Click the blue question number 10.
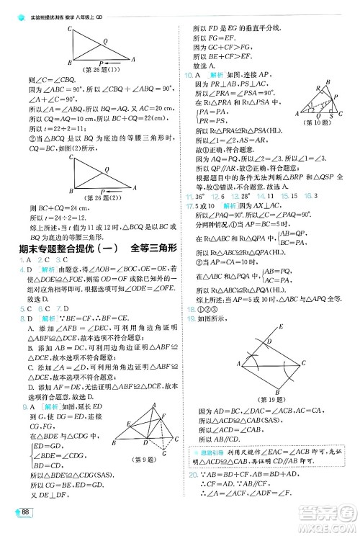pos(189,75)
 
